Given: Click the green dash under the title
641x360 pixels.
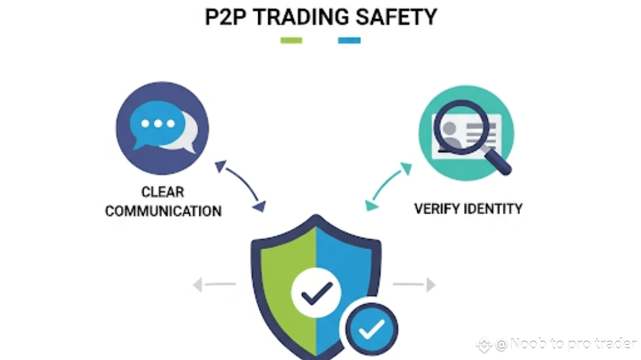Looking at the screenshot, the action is click(x=291, y=41).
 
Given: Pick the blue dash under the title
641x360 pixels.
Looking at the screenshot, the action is click(x=349, y=41).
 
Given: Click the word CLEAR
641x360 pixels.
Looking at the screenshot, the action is click(x=163, y=192).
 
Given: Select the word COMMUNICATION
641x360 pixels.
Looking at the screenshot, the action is click(x=163, y=211).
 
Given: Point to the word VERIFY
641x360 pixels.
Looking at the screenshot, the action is click(x=438, y=209).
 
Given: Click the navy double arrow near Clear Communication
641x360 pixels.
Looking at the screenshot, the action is click(x=240, y=186).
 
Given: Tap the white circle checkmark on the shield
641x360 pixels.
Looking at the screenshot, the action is click(x=316, y=291).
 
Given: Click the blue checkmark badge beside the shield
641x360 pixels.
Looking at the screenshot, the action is click(x=371, y=326).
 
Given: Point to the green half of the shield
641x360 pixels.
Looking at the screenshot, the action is click(x=279, y=273).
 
